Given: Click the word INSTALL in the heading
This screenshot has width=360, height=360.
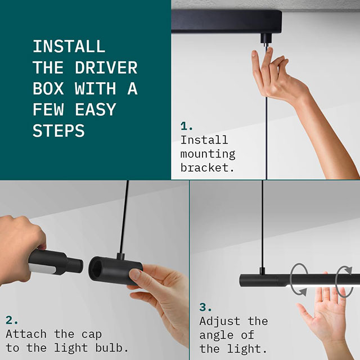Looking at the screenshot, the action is click(x=69, y=46).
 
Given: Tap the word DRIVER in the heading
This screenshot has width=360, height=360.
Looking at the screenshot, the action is click(x=106, y=67).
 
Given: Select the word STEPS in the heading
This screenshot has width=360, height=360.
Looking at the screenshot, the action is click(x=58, y=130).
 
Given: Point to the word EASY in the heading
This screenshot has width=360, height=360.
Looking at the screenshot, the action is click(x=96, y=110).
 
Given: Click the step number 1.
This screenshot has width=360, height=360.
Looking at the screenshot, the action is click(x=186, y=126).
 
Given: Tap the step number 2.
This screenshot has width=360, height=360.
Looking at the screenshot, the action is click(x=12, y=320).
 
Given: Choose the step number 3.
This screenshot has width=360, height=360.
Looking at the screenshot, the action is click(x=205, y=307).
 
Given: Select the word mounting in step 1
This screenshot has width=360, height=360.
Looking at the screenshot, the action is click(x=208, y=154).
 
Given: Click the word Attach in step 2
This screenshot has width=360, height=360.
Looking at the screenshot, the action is click(x=26, y=334).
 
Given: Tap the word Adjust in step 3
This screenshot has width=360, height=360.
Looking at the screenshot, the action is click(x=220, y=321).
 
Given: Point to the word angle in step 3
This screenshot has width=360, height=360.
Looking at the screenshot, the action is click(x=217, y=335).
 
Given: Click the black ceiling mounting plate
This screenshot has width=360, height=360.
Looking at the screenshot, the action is click(x=226, y=22).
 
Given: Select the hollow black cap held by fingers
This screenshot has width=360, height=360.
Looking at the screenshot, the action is click(x=115, y=270).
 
